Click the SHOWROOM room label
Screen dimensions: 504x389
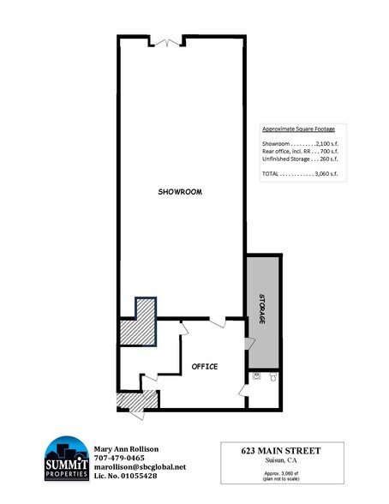click(x=180, y=191)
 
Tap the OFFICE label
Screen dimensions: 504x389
click(x=205, y=367)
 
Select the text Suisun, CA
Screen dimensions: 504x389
click(x=281, y=461)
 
